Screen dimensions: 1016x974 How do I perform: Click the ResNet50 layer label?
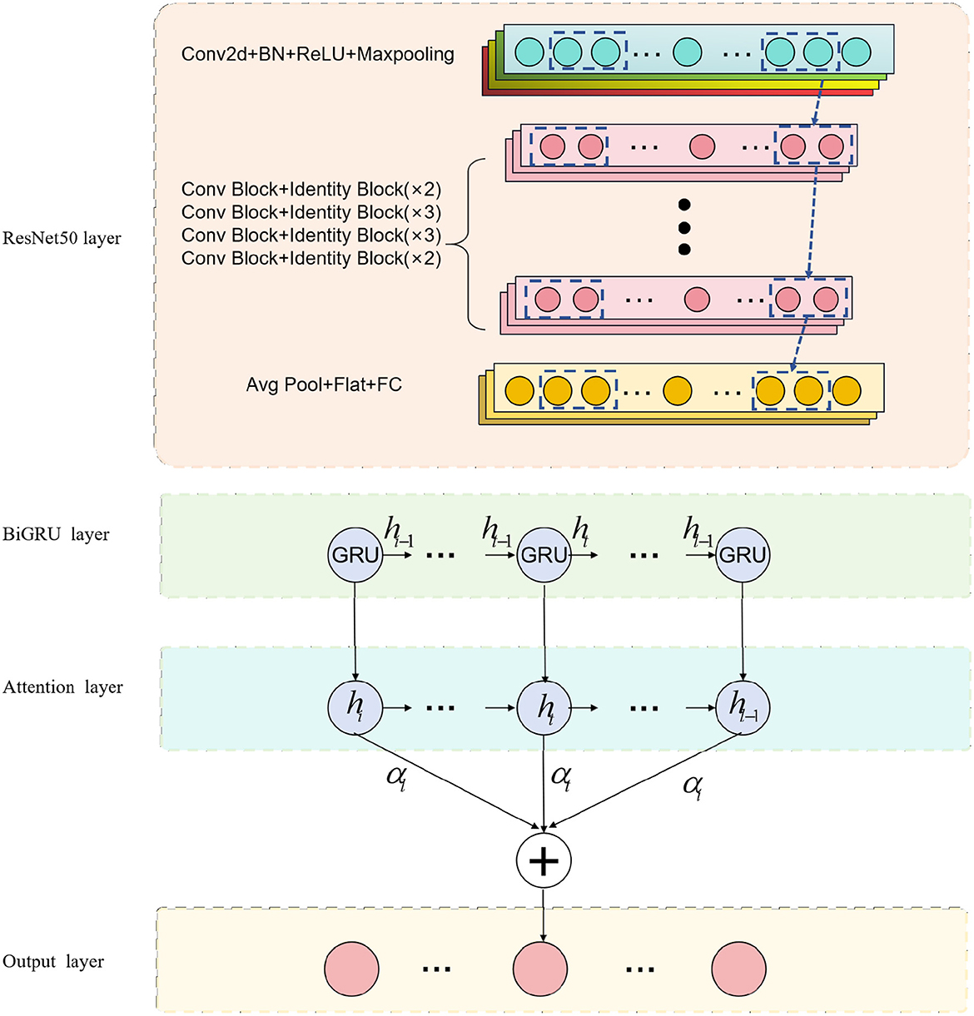[62, 239]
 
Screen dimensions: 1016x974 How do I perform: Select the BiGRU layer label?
[56, 534]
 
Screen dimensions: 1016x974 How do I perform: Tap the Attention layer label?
[62, 687]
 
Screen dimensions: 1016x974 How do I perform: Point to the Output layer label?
[53, 962]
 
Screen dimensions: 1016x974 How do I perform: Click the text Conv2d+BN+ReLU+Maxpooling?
[318, 55]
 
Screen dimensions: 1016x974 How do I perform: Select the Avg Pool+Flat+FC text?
[324, 384]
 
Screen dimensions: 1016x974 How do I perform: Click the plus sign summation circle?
[544, 860]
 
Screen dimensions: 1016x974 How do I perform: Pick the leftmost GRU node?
[355, 555]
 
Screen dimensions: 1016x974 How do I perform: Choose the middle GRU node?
[544, 555]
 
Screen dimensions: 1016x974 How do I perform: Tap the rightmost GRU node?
[743, 555]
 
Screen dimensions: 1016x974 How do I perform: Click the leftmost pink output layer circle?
[350, 969]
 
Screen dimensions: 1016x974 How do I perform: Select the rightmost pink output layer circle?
[738, 969]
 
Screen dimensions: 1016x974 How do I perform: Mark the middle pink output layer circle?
[540, 969]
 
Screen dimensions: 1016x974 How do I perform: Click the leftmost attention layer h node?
[355, 708]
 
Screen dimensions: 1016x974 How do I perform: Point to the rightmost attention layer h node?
[743, 708]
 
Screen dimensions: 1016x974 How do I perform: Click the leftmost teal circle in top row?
[529, 52]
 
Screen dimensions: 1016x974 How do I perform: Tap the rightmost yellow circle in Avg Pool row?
[846, 390]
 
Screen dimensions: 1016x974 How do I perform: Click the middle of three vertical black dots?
[684, 227]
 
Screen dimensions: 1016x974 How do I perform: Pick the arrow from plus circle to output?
[544, 914]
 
